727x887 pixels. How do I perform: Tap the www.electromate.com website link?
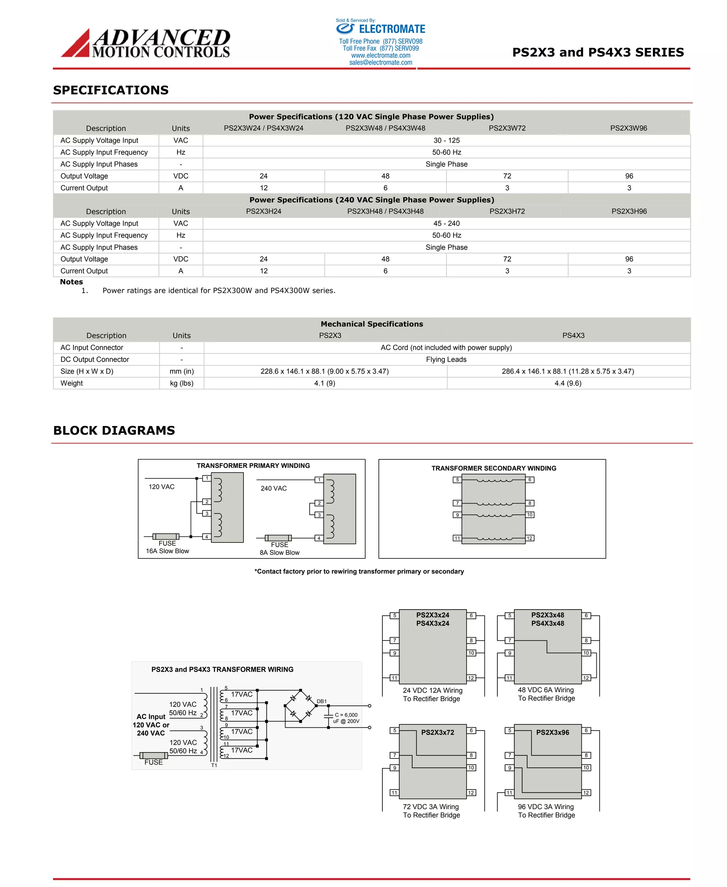(x=380, y=55)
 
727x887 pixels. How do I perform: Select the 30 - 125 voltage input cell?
(x=447, y=140)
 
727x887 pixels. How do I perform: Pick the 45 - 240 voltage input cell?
(x=447, y=224)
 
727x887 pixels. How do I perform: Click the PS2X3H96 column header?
(x=629, y=211)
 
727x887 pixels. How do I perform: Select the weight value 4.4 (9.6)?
(x=568, y=384)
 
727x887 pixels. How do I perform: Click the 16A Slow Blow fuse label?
(x=167, y=551)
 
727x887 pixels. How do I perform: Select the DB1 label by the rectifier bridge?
(x=321, y=701)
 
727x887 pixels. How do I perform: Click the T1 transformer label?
(x=214, y=765)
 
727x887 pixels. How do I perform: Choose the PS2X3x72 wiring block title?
(x=437, y=733)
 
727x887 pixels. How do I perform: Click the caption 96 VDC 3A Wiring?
(x=545, y=806)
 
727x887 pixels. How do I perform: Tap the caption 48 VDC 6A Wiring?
(x=545, y=690)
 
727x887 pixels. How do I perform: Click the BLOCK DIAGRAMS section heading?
(x=114, y=430)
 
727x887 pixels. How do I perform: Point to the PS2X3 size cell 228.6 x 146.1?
(x=324, y=371)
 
